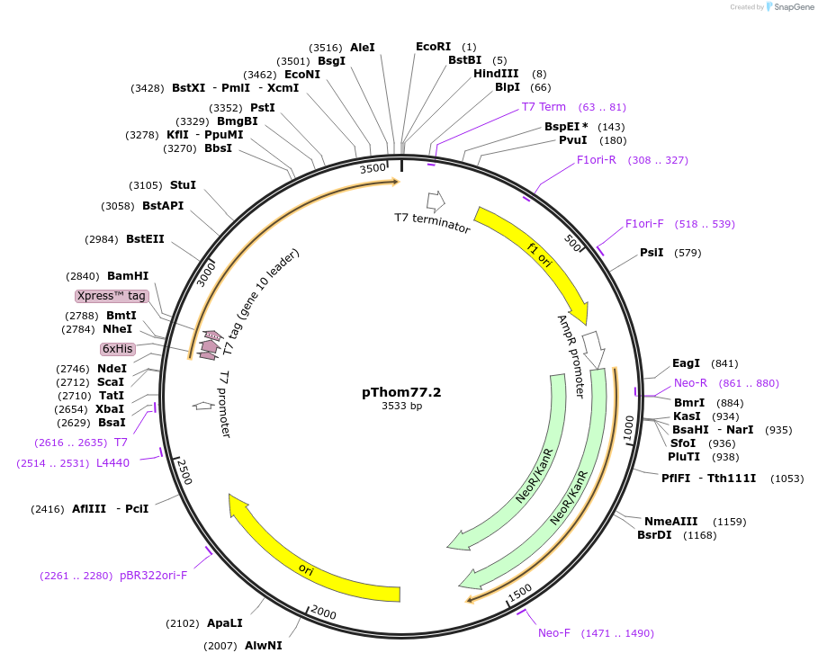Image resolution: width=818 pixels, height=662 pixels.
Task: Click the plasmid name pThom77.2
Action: (x=401, y=392)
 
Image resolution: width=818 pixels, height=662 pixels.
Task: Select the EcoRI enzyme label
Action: (x=433, y=47)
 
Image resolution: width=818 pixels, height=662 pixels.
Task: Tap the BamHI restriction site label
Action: (x=128, y=276)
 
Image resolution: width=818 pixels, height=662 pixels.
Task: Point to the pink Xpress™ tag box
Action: (x=111, y=296)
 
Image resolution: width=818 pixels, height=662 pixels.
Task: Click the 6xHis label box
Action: (x=117, y=349)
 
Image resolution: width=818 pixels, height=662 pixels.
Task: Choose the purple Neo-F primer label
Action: (x=554, y=633)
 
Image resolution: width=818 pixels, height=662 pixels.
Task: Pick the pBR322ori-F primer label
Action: (x=153, y=576)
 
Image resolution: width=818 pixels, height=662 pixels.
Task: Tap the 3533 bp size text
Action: (x=401, y=407)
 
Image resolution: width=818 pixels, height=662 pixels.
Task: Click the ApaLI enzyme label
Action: (x=224, y=622)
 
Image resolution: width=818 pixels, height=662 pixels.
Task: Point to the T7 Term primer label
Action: (x=544, y=107)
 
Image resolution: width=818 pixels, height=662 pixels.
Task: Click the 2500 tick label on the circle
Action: (x=184, y=470)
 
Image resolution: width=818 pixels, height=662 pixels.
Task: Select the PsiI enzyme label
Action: (x=652, y=253)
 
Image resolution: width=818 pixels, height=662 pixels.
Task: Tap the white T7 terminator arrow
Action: (x=436, y=201)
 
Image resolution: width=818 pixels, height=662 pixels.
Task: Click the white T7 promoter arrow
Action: (x=203, y=406)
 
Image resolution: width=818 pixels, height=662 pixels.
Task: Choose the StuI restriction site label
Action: (x=183, y=185)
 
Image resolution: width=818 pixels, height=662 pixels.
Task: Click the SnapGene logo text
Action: (x=790, y=7)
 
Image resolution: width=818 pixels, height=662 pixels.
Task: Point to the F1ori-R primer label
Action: (x=596, y=160)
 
